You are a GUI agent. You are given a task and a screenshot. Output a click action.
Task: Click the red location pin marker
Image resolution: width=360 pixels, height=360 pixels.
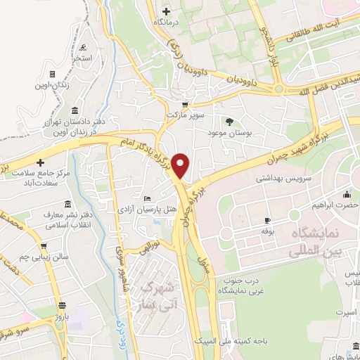coord(181,166)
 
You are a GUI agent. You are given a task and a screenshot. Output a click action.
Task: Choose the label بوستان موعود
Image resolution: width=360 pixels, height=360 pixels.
coord(230,132)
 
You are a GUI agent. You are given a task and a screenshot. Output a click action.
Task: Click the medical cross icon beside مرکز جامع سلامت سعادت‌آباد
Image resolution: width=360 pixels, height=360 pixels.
coord(41,162)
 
